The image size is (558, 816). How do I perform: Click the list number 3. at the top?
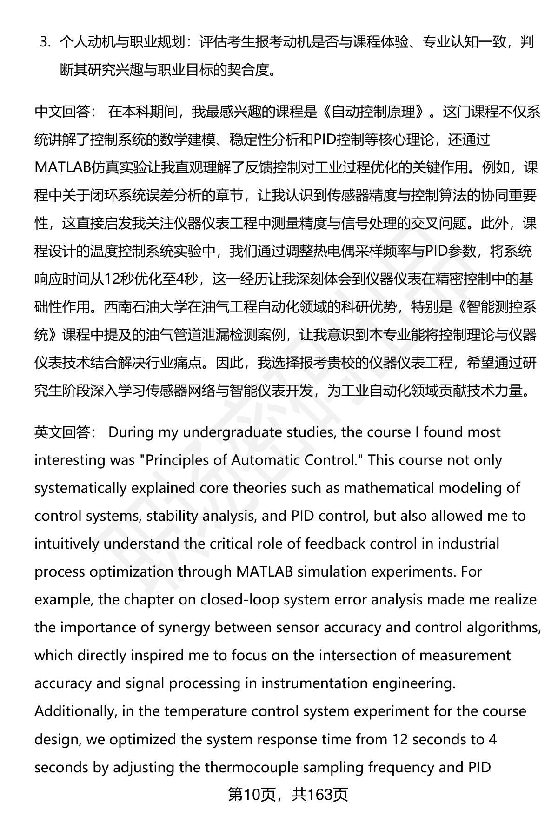pyautogui.click(x=45, y=42)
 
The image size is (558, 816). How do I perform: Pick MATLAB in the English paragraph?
pyautogui.click(x=264, y=572)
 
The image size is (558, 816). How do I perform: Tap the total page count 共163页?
pyautogui.click(x=320, y=795)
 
